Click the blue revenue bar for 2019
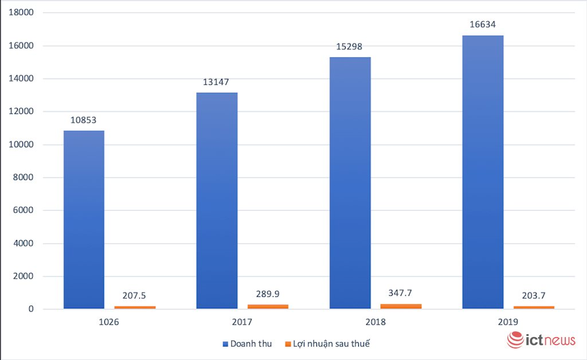click(483, 172)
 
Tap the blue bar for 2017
click(217, 201)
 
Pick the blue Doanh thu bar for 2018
click(350, 183)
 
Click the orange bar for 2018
click(401, 306)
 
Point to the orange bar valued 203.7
click(534, 307)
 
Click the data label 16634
click(482, 25)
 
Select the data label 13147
click(216, 82)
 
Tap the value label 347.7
click(400, 292)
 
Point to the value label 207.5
click(134, 295)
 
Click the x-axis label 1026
click(109, 322)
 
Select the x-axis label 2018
click(375, 322)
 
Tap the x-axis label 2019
click(508, 322)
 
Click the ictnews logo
click(541, 340)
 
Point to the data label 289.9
click(267, 294)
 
